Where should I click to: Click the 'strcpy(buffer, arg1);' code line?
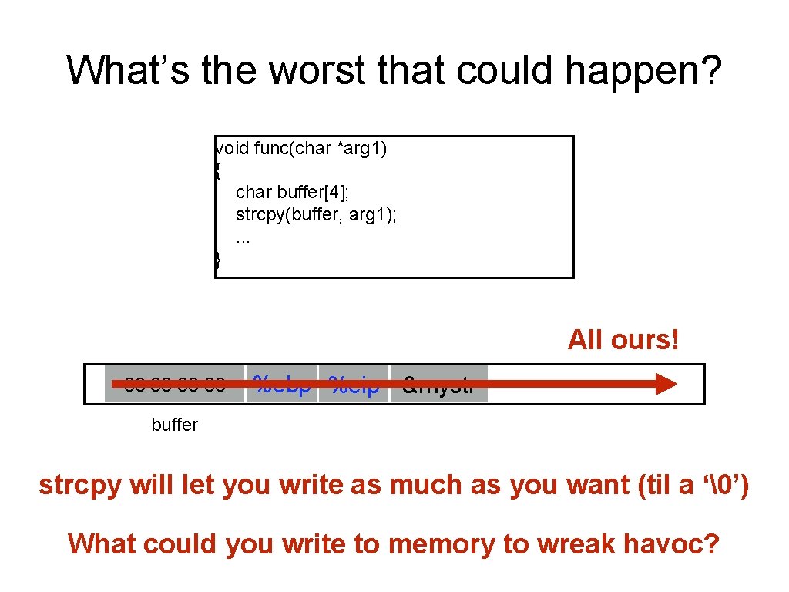coord(317,214)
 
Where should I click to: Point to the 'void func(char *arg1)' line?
coord(301,148)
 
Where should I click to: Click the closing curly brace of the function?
coord(218,261)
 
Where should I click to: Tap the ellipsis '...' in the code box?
coord(243,237)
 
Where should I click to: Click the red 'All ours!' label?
coord(623,339)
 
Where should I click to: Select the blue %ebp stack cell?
coord(281,384)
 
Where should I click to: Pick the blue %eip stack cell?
coord(354,384)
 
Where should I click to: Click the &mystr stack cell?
coord(438,384)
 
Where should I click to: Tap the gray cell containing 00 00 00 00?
coord(174,384)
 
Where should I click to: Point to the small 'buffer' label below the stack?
coord(175,425)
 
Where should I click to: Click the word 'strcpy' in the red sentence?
coord(81,486)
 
